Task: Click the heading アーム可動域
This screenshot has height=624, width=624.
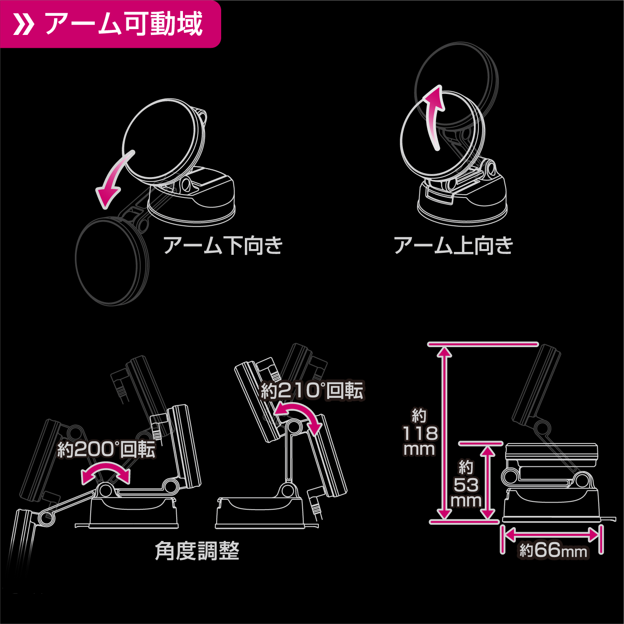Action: click(123, 24)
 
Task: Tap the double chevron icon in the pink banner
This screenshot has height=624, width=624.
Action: click(24, 25)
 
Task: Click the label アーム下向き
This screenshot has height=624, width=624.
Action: click(223, 245)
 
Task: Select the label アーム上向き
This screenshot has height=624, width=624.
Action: click(454, 245)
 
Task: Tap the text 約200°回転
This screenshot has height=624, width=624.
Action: click(106, 449)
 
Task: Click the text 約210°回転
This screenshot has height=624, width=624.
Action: click(312, 390)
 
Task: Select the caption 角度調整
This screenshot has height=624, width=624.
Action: click(197, 551)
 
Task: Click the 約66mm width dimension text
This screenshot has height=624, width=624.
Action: click(553, 550)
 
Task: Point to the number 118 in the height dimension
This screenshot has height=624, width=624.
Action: click(420, 433)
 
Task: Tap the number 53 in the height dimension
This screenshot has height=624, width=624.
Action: click(466, 485)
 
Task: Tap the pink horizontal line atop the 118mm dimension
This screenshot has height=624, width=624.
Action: click(483, 344)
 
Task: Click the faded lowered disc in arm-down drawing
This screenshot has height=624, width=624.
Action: click(111, 262)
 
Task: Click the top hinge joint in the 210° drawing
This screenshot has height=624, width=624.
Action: click(294, 427)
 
